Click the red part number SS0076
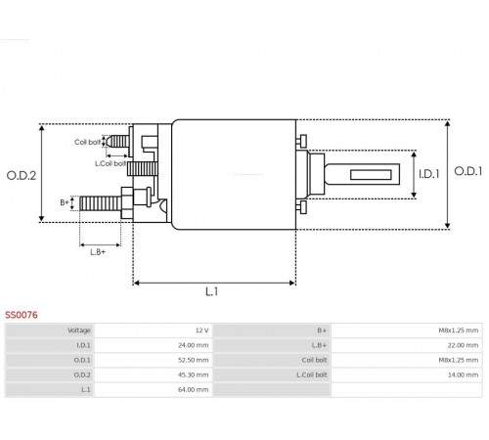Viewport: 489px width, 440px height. (22, 315)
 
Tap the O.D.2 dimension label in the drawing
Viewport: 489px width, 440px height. (22, 176)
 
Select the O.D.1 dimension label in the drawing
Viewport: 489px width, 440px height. (468, 171)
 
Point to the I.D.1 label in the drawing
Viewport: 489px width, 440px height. (429, 174)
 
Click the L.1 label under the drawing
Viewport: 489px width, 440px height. (212, 291)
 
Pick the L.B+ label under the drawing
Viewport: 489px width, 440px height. (98, 252)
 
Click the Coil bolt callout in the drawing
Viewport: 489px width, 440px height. (87, 142)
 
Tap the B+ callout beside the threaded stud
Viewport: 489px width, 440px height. (65, 202)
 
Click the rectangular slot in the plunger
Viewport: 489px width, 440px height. (371, 175)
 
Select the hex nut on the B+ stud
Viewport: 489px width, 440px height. (127, 202)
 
